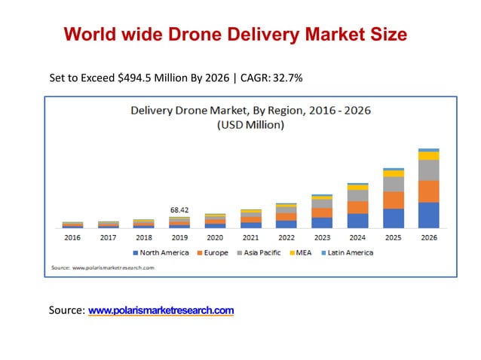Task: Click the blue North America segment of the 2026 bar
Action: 428,215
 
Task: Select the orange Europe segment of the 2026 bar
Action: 428,191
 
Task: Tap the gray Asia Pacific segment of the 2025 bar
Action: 393,184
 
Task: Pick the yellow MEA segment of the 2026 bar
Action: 428,156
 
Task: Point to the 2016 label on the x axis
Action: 72,237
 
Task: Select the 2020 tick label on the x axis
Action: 215,237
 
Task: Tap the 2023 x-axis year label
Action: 322,237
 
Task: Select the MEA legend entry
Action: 303,253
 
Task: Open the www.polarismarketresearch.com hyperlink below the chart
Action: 161,310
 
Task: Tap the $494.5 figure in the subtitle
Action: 137,78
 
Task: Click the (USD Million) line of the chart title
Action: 250,125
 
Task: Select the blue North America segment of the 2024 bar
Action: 357,220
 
